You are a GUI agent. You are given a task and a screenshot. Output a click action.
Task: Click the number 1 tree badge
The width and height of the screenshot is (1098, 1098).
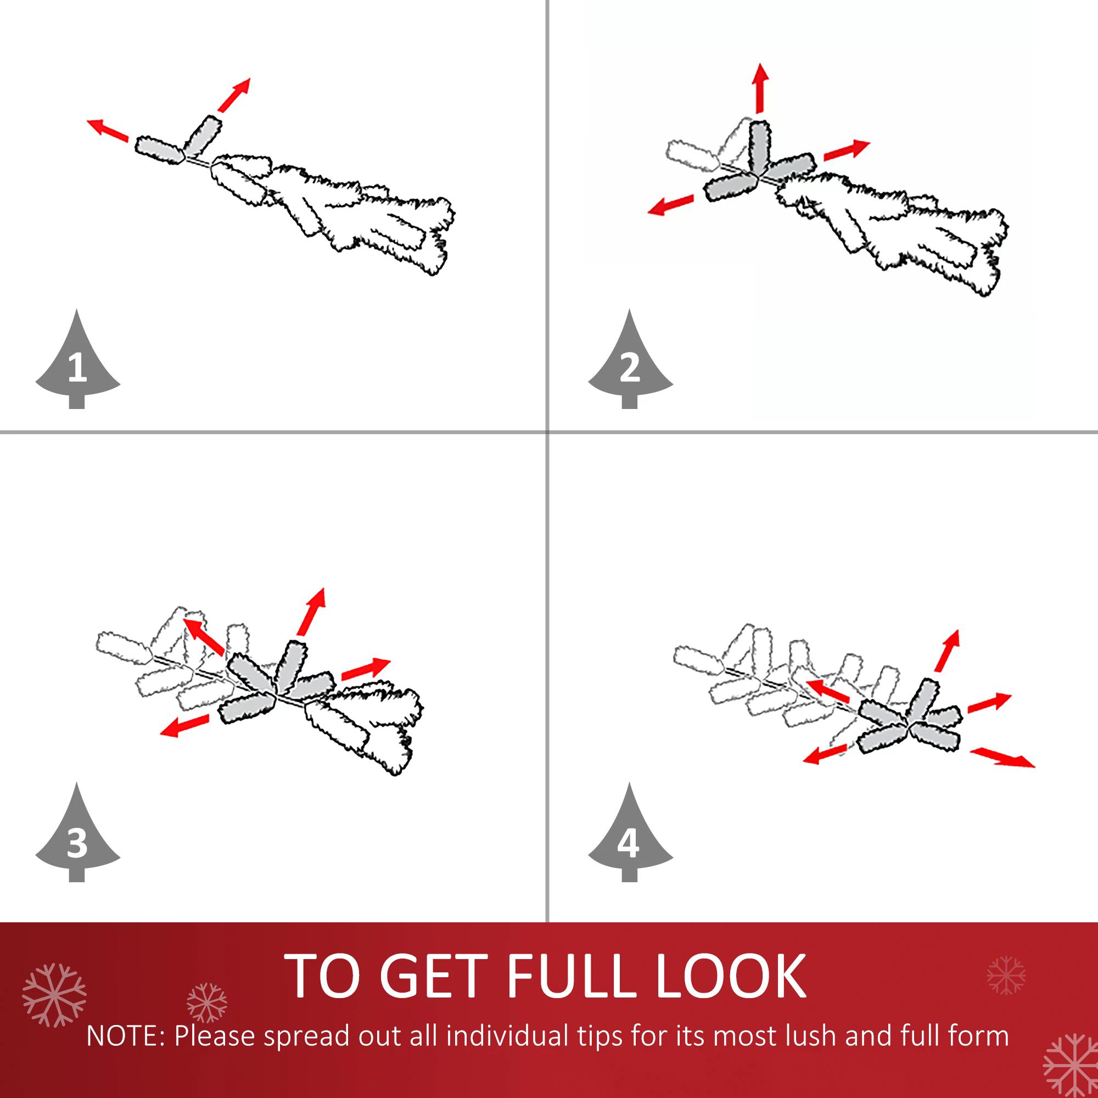(77, 364)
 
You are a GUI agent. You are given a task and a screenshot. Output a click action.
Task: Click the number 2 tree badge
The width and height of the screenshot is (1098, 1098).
(630, 364)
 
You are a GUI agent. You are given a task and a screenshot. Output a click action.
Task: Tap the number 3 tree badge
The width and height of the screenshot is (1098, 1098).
(77, 837)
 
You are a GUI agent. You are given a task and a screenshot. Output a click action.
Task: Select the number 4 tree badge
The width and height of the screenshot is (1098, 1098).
(630, 837)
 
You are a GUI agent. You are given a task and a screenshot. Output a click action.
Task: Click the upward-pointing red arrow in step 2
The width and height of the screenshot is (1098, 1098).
(760, 88)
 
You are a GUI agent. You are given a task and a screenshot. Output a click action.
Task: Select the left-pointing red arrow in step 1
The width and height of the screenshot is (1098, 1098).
(108, 130)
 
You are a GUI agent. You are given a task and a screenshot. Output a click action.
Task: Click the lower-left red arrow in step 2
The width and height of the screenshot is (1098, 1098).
(671, 205)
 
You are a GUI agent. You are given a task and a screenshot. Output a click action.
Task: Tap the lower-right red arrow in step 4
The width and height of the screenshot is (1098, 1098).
(1002, 758)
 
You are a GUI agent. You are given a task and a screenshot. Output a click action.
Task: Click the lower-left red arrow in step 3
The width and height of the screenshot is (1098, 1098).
(184, 726)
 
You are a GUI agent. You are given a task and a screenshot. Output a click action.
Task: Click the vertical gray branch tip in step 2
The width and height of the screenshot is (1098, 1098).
(759, 147)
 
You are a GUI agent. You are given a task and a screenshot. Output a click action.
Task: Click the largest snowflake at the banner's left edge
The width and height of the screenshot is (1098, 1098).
(54, 995)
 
